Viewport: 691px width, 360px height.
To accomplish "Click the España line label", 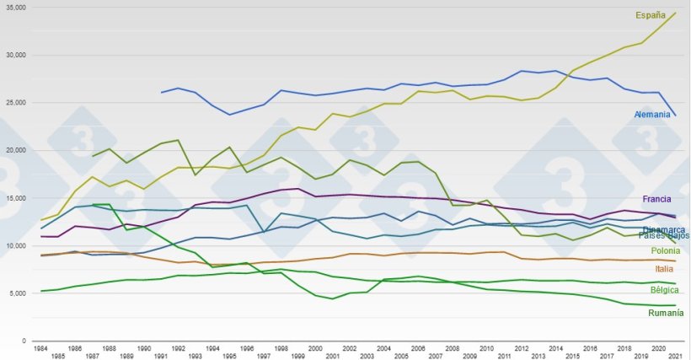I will click(x=651, y=15).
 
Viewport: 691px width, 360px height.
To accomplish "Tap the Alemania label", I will click(x=652, y=114).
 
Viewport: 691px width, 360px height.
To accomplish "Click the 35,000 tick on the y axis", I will click(x=16, y=7).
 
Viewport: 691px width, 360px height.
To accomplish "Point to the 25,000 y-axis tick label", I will click(x=16, y=103).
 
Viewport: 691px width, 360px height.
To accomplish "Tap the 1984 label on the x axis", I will click(x=40, y=347).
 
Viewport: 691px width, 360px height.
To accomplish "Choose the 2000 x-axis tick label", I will click(x=314, y=347).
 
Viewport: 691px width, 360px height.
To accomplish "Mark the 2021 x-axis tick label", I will click(x=675, y=356).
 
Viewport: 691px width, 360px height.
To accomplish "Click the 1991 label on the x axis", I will click(x=161, y=356).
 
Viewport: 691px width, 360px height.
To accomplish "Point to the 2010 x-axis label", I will click(x=486, y=347).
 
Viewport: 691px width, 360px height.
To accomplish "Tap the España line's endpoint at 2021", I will click(x=676, y=13).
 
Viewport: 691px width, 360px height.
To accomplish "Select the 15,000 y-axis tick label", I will click(x=16, y=198).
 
